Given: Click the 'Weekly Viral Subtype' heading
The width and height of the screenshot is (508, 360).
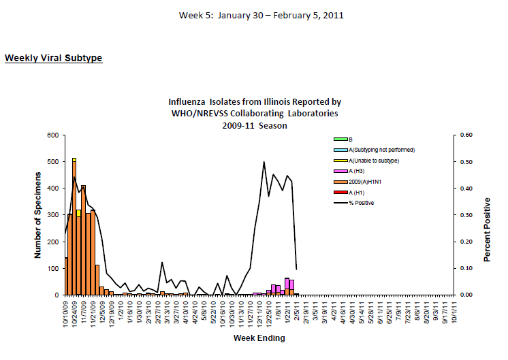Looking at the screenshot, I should point(53,58).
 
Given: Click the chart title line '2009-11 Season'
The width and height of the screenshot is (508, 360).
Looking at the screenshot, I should point(254,125).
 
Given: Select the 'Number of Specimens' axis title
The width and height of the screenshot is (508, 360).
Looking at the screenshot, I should point(38,214).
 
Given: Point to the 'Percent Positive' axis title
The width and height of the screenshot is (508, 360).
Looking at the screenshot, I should point(487,230).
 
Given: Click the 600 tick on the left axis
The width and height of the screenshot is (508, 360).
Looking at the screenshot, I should point(52,135).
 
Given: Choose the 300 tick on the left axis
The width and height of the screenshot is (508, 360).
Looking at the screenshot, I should point(52,215).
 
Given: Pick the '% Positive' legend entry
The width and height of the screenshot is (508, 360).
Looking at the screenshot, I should point(361,202).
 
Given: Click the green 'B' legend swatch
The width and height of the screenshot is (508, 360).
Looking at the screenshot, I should point(337,139).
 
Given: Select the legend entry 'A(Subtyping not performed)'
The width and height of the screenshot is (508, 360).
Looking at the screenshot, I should point(382,149).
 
